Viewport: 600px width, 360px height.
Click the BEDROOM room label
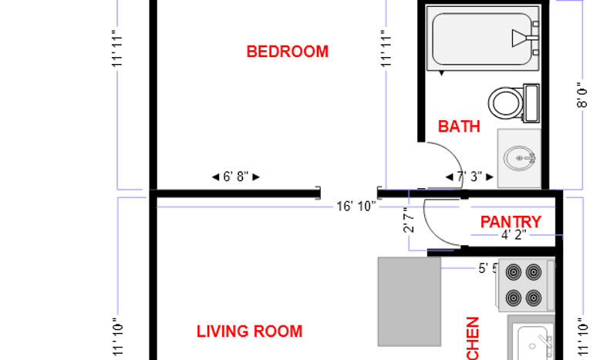(x=287, y=52)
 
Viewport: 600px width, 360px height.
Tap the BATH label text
(x=459, y=126)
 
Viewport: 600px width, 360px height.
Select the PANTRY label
(x=511, y=222)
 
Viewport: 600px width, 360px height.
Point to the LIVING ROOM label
(x=249, y=331)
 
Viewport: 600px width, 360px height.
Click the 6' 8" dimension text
(x=235, y=177)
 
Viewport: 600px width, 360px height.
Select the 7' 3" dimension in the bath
(x=469, y=177)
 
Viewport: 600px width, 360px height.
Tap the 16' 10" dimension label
(x=356, y=206)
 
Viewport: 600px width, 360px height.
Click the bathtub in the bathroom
(x=478, y=39)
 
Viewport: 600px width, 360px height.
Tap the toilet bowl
(x=505, y=101)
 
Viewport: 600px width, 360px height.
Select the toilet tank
(x=531, y=103)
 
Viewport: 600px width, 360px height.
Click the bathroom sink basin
(x=519, y=159)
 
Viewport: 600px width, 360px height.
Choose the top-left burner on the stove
(x=513, y=271)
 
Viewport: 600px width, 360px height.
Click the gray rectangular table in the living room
(x=409, y=301)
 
